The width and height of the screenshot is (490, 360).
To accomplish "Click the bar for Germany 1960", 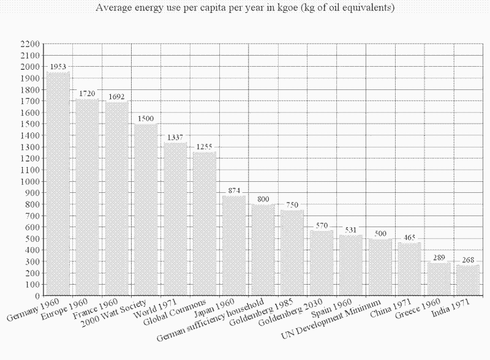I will (58, 184).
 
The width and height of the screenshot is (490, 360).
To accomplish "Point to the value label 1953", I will (58, 66).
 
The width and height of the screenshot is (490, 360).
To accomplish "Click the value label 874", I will (234, 190).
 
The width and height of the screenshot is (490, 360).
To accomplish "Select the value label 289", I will (439, 257).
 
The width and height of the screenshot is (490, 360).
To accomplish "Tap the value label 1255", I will (205, 147).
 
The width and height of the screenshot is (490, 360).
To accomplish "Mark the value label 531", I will (351, 230).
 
